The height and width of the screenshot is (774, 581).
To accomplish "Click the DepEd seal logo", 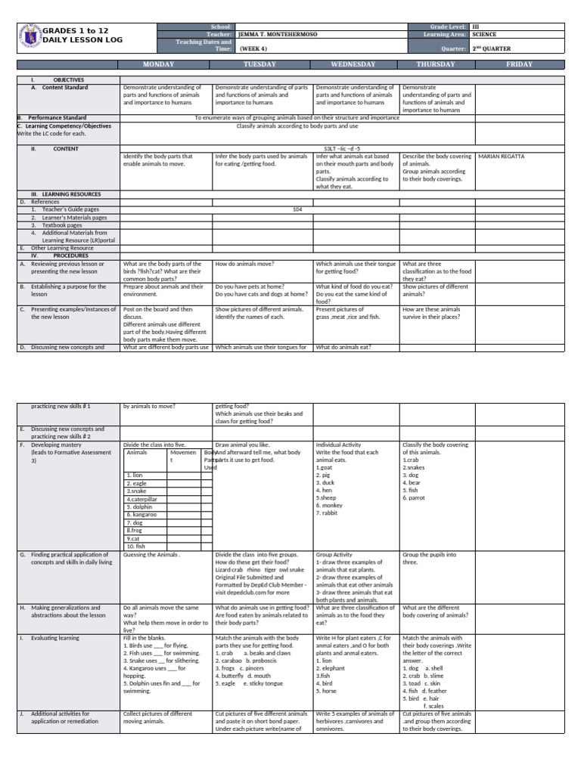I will pos(29,36).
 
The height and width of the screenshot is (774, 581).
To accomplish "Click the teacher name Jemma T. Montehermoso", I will pos(277,34).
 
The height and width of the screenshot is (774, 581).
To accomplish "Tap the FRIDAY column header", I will pos(519,64).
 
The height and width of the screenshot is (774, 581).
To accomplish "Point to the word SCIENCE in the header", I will pos(484,34).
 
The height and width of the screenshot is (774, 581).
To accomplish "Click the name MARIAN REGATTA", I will pos(499,156).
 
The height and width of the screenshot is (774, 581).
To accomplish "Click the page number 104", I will pos(297,209).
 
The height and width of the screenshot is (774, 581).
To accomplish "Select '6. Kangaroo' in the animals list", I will pos(141,514).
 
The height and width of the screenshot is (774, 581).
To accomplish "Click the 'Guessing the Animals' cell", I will pos(151,554).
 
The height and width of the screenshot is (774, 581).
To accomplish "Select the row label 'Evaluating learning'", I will pos(54,638).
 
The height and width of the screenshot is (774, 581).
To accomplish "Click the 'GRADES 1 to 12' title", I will pos(76,30).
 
